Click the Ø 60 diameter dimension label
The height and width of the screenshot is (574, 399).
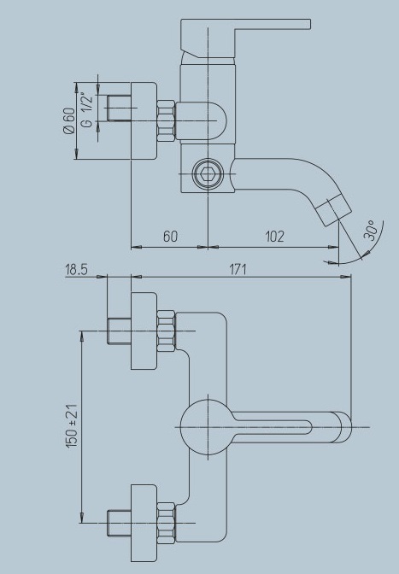coord(69,120)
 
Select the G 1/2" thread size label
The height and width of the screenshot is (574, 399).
coord(88,110)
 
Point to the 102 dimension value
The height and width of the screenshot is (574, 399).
coord(274,236)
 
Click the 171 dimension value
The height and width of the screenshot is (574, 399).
coord(238,269)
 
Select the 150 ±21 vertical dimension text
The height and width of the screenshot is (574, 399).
coord(72,425)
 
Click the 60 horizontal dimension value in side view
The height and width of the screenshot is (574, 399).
coord(170,236)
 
